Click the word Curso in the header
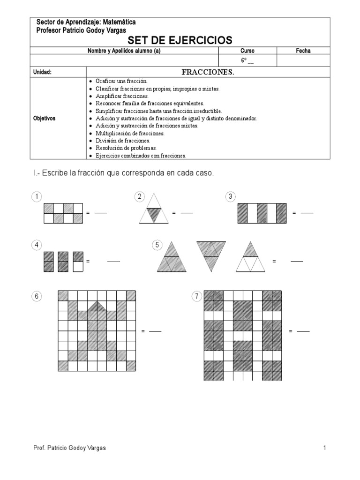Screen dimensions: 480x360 click(x=247, y=51)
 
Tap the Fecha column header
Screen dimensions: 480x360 click(x=303, y=51)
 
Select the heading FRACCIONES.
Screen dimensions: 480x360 click(x=208, y=72)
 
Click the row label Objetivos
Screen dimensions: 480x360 click(x=44, y=118)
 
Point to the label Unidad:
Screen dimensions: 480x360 click(x=42, y=72)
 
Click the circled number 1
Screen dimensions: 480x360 click(x=37, y=196)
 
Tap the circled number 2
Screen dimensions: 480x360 click(x=139, y=196)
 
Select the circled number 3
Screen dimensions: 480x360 click(x=230, y=196)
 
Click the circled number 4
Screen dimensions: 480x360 click(x=37, y=245)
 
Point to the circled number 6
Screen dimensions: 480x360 click(x=37, y=296)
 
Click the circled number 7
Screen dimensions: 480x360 click(x=196, y=296)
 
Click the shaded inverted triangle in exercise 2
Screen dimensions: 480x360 click(x=153, y=215)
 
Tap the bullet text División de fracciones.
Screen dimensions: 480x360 click(x=123, y=141)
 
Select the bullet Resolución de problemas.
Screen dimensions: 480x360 click(x=126, y=148)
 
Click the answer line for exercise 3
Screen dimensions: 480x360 click(x=307, y=213)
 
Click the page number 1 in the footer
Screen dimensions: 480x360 click(x=324, y=448)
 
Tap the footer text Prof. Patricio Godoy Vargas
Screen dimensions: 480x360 click(x=70, y=448)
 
